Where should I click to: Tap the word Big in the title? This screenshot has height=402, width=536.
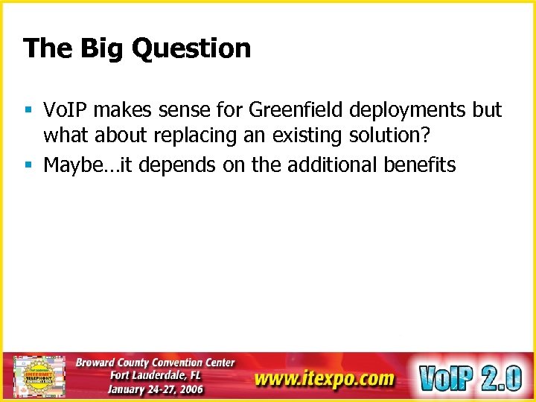[x=98, y=49]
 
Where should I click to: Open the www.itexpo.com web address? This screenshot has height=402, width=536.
[x=323, y=379]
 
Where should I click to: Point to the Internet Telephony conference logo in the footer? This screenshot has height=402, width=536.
[x=39, y=377]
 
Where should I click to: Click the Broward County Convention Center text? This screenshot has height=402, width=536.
[x=155, y=363]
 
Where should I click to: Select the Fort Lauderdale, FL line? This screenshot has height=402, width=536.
[x=155, y=375]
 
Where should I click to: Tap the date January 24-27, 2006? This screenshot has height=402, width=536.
[x=155, y=389]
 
